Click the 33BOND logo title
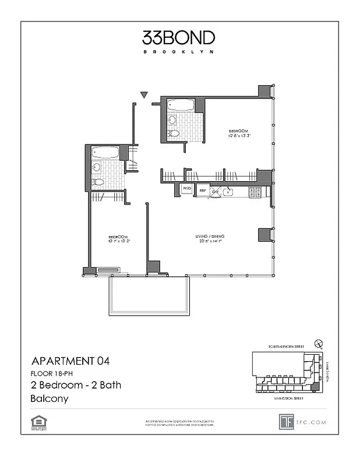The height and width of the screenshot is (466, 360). (x=178, y=38)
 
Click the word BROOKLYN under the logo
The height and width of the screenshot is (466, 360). (x=178, y=52)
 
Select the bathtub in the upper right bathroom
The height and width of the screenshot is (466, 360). (x=181, y=105)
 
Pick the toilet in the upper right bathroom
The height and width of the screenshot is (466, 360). (x=174, y=133)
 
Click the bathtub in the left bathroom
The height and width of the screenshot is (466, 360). (x=105, y=153)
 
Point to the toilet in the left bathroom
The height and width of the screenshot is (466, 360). (x=98, y=182)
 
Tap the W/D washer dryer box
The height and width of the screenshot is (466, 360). (x=187, y=189)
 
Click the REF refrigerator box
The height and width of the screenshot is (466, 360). (x=203, y=190)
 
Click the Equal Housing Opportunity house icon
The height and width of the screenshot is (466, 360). (x=39, y=420)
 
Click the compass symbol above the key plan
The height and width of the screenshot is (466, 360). (x=318, y=344)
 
